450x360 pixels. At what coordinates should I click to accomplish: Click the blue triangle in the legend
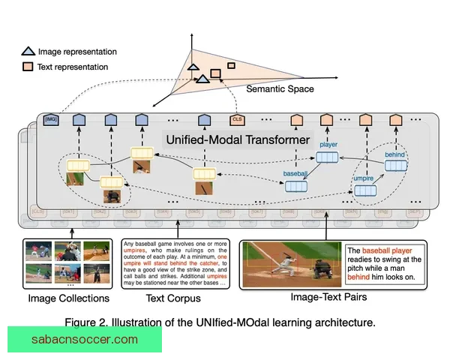28,52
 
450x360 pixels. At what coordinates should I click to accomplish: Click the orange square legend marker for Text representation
28,67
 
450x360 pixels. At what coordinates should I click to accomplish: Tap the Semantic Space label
280,89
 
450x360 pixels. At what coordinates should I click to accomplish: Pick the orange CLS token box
238,119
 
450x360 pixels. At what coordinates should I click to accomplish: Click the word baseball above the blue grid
295,173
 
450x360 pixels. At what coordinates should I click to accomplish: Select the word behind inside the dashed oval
394,154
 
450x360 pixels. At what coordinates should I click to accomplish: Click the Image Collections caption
68,298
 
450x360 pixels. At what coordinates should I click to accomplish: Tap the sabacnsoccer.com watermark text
85,340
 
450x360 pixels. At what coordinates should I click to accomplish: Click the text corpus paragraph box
175,263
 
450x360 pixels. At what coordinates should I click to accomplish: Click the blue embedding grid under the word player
327,157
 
